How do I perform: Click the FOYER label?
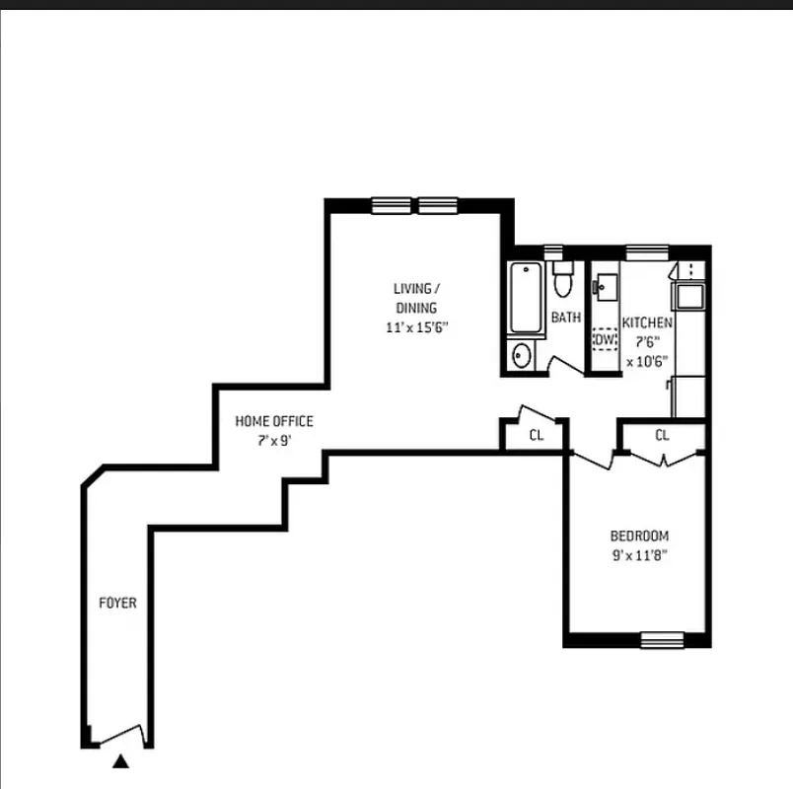(116, 603)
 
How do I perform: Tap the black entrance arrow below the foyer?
(120, 760)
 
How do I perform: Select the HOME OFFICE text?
(273, 421)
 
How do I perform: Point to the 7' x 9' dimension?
(273, 441)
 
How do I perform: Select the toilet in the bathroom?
(563, 281)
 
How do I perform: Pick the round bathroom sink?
(522, 354)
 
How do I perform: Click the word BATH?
(565, 318)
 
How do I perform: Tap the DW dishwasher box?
(604, 339)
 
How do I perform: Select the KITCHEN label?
(647, 323)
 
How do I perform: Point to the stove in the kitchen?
(688, 294)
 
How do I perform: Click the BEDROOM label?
(638, 536)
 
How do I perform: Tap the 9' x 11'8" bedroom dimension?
(638, 555)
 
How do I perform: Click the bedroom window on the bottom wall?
(662, 640)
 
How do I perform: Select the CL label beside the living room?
(536, 435)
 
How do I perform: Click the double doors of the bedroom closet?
(663, 457)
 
